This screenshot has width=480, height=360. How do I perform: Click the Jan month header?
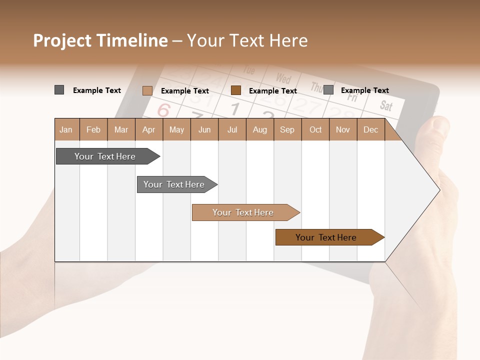click(x=66, y=129)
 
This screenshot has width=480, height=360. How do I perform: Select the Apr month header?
click(x=148, y=129)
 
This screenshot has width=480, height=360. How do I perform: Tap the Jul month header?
click(x=232, y=129)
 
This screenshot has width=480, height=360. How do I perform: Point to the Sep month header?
click(x=287, y=129)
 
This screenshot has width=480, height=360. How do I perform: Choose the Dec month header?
click(x=370, y=129)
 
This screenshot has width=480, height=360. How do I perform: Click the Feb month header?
click(x=93, y=129)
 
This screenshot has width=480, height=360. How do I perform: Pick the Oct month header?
click(x=315, y=129)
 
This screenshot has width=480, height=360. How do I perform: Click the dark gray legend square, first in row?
click(x=59, y=90)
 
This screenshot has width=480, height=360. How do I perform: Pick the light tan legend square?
click(x=147, y=90)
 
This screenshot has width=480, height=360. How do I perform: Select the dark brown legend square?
click(x=236, y=90)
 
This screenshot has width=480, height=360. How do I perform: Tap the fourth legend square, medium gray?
click(x=328, y=90)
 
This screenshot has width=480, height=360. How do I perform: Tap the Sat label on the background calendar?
click(x=386, y=105)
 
